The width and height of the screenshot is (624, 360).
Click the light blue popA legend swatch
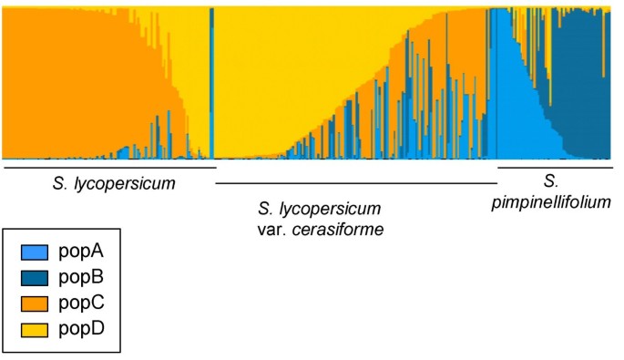coord(34,250)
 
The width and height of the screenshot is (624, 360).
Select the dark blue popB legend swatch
coord(34,275)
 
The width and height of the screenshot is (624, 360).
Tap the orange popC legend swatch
coord(34,301)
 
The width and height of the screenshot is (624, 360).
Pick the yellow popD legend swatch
coord(34,326)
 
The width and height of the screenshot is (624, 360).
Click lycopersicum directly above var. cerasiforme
coord(332,209)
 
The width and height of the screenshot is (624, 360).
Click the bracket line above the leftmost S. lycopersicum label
coord(109,167)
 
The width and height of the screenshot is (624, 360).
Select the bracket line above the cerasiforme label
coord(355,183)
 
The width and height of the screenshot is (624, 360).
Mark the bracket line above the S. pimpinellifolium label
coord(555,167)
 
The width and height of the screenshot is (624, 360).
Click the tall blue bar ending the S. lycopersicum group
coord(211,82)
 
